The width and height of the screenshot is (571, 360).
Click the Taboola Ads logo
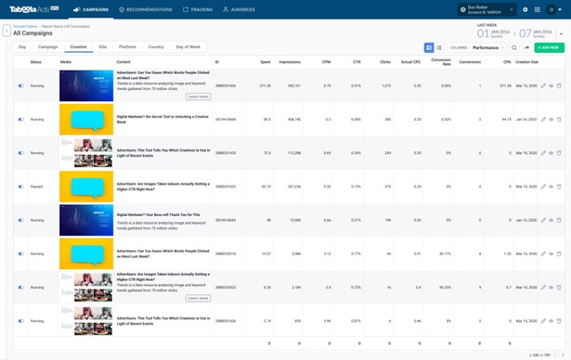(33, 9)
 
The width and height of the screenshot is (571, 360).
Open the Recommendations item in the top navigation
(146, 9)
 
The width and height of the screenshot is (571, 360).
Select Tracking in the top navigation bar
(198, 9)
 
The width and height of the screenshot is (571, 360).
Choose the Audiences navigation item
(240, 9)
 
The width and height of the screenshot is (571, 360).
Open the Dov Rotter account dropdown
(487, 9)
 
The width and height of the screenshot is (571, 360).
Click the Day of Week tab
(188, 46)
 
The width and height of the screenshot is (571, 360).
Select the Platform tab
(127, 46)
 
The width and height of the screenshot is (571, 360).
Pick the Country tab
(155, 46)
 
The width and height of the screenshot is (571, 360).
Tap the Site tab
(102, 46)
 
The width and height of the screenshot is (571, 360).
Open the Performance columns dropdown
(487, 47)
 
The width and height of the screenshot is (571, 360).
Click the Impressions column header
(289, 62)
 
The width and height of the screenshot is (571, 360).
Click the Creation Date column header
(526, 62)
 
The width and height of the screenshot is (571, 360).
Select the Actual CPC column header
(411, 62)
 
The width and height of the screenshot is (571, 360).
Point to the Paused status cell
(36, 186)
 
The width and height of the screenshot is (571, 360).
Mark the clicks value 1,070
(385, 85)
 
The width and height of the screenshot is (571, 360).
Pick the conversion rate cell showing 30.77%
(445, 253)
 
